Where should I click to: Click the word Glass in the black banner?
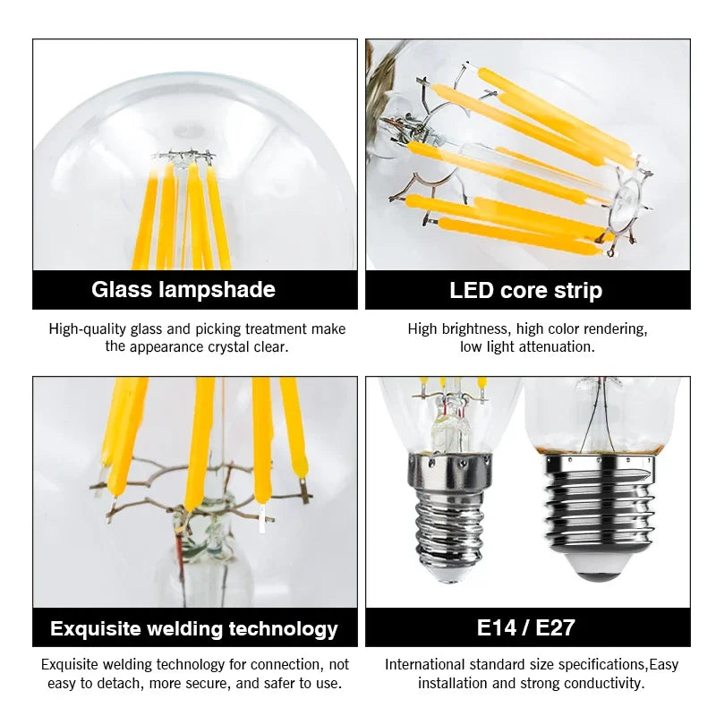click(121, 289)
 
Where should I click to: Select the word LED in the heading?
click(471, 290)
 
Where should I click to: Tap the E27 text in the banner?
click(555, 627)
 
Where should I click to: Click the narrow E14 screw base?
click(450, 516)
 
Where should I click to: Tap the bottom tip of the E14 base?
click(450, 579)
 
